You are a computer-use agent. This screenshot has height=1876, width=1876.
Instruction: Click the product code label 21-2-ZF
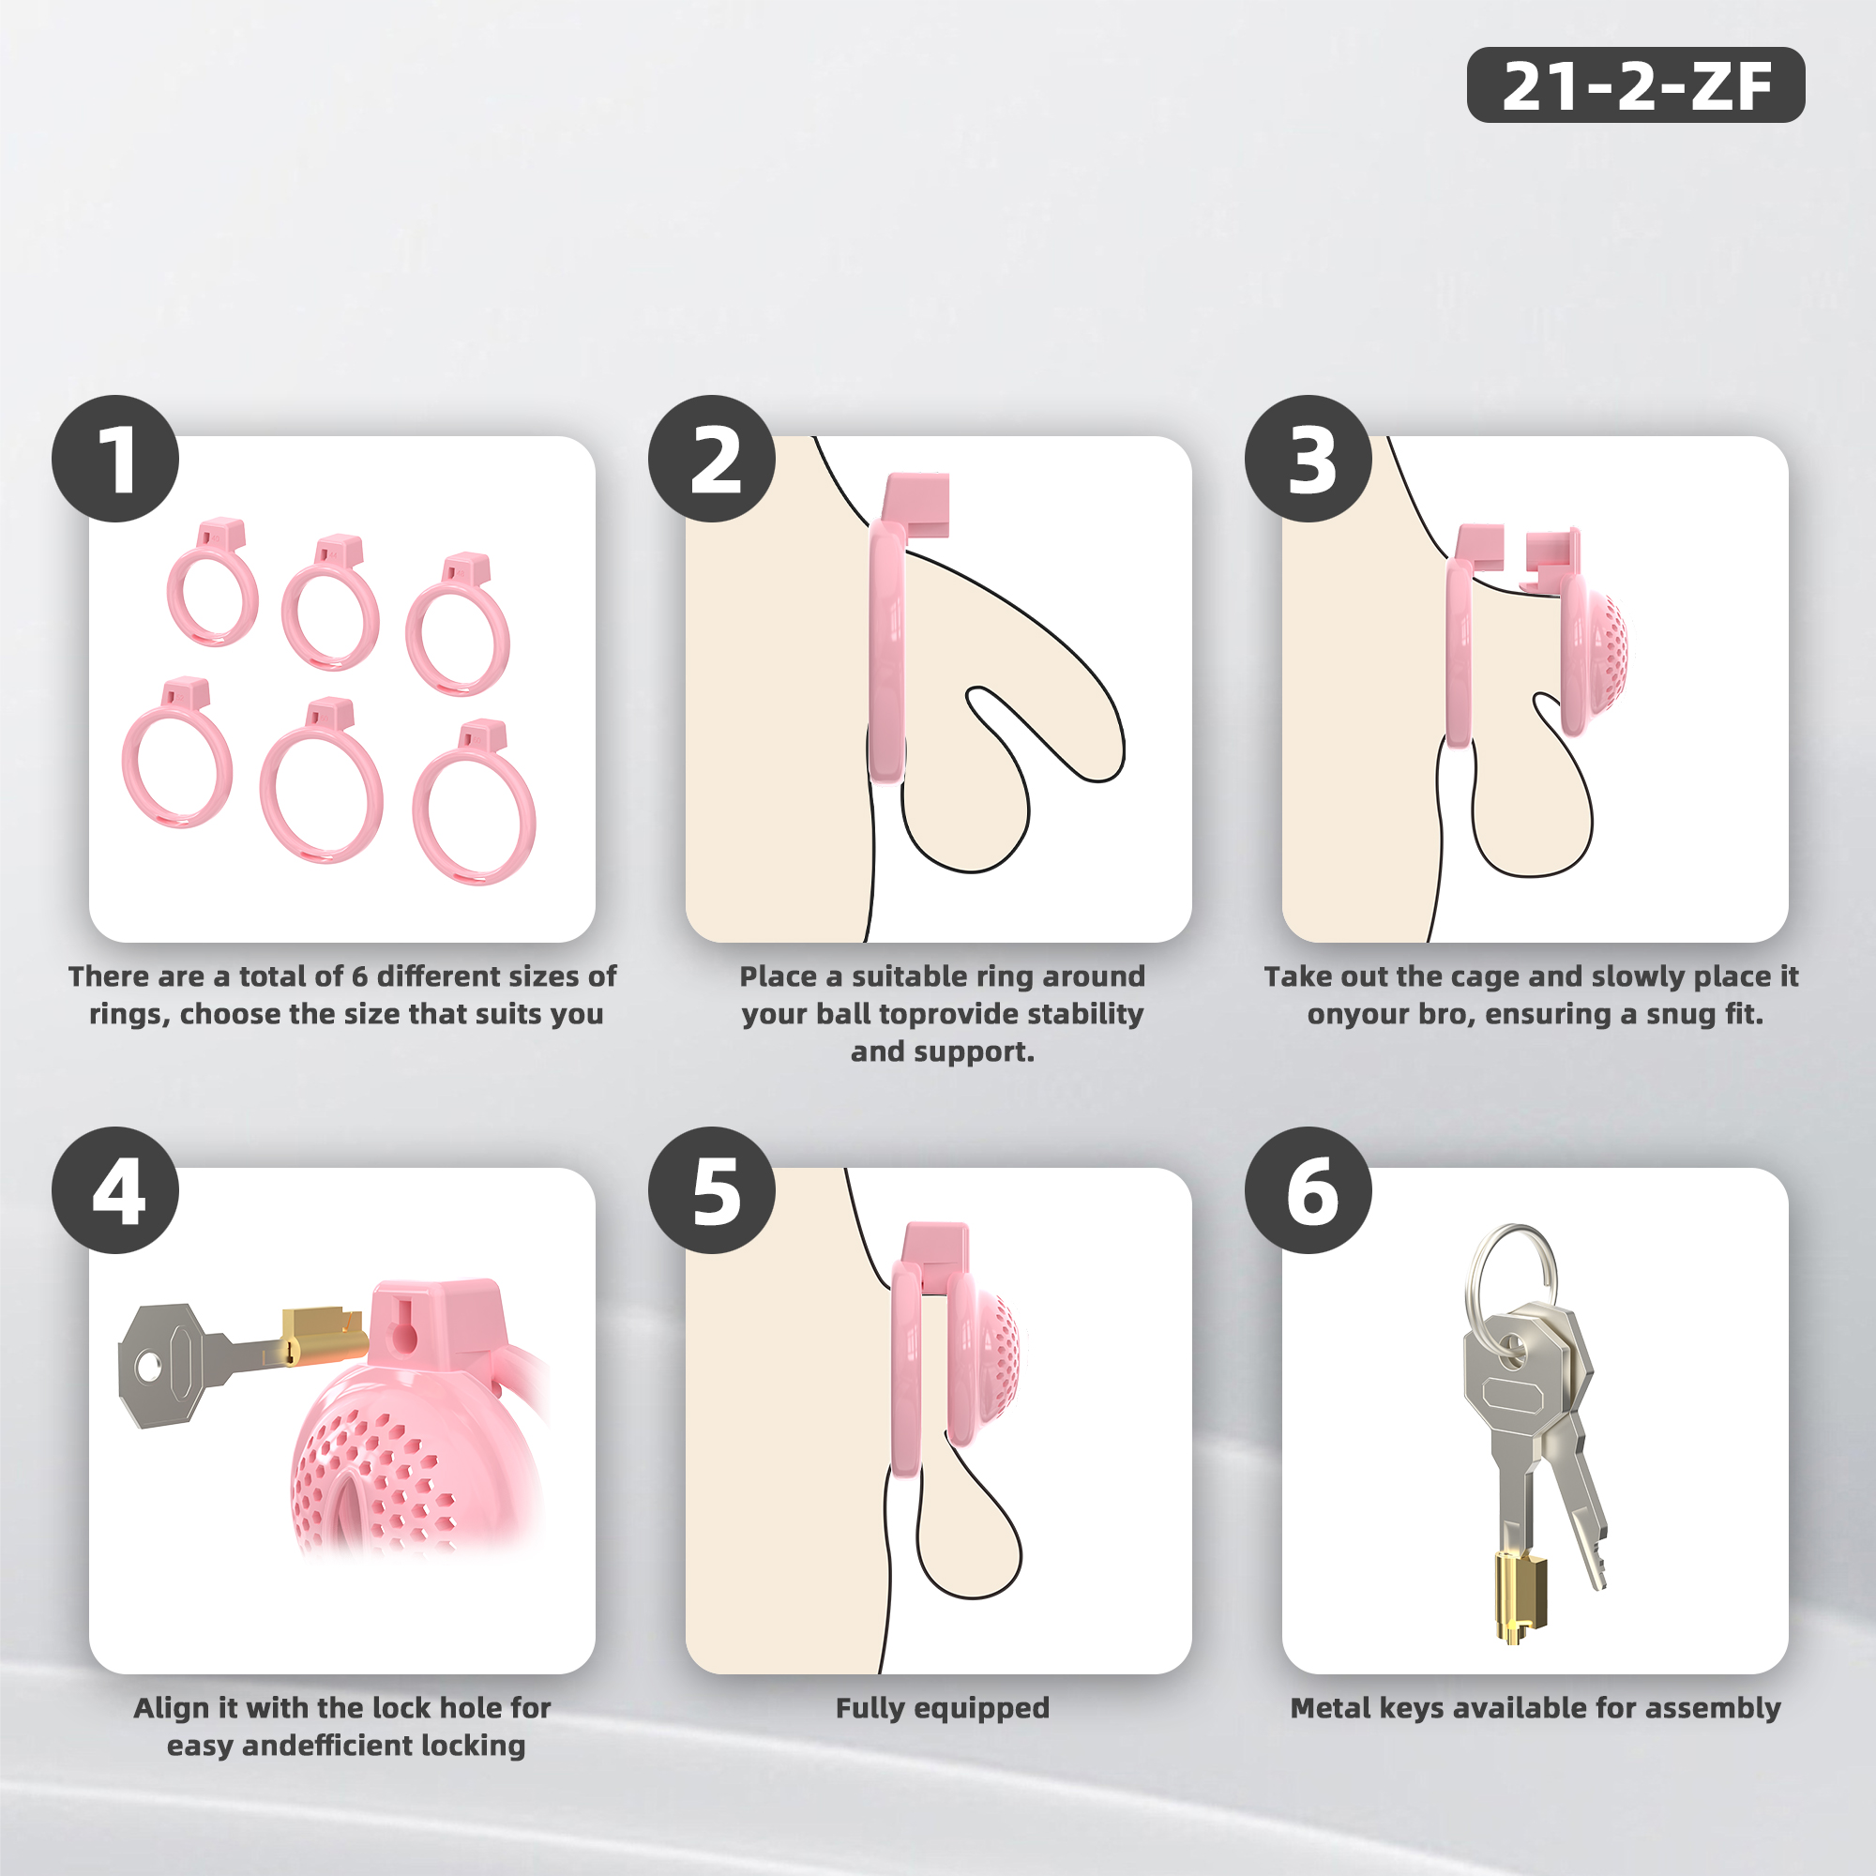coord(1635,84)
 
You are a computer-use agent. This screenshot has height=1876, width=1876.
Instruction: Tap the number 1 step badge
coord(115,459)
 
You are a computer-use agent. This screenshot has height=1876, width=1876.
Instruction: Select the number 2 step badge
coord(712,459)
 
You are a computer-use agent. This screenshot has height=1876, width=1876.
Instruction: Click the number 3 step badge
coord(1308,459)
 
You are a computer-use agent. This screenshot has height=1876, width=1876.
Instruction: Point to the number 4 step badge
coord(115,1189)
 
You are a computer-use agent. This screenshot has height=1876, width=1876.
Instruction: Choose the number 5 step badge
coord(712,1189)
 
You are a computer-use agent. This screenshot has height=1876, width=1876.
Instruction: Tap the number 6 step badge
coord(1308,1189)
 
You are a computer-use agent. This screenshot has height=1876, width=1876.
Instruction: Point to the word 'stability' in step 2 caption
coord(1084,1014)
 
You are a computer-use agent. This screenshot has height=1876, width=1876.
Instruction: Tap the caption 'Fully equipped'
coord(942,1708)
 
